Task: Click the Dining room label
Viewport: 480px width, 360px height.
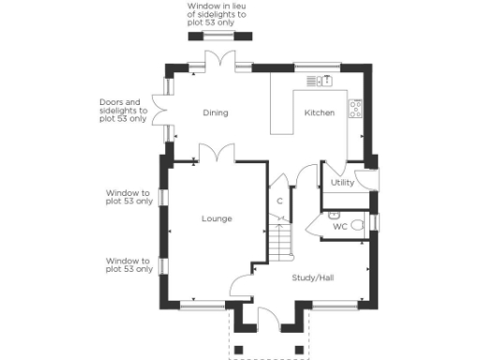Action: (216, 113)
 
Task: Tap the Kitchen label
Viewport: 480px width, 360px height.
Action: (319, 113)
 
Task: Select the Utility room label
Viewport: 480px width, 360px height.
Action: (342, 183)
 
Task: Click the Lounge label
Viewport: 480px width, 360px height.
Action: (217, 218)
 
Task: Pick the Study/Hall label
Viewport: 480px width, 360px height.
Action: (313, 277)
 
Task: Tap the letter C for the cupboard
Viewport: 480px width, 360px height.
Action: (279, 201)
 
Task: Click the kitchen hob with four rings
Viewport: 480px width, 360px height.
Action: (356, 108)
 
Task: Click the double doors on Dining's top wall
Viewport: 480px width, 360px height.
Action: (219, 60)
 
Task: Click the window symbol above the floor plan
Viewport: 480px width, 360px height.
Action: (220, 36)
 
